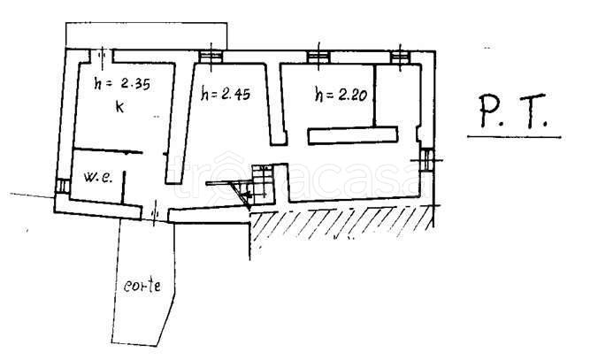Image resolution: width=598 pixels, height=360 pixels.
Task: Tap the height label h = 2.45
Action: (226, 92)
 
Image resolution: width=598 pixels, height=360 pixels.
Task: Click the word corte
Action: (142, 287)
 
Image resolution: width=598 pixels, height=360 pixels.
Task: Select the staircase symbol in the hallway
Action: (262, 181)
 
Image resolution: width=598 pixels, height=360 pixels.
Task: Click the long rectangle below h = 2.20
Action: (352, 134)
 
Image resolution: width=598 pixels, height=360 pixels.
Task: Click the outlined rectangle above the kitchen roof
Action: (146, 34)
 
